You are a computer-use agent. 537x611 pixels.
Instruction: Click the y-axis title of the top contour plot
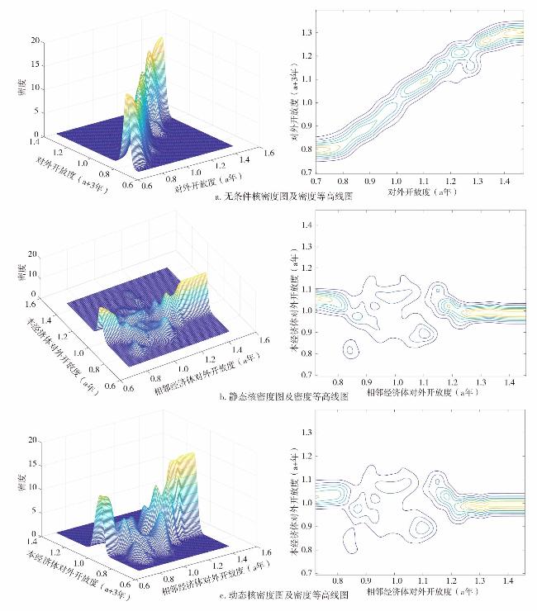click(294, 99)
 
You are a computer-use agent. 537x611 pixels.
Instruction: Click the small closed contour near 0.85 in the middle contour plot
click(353, 350)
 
